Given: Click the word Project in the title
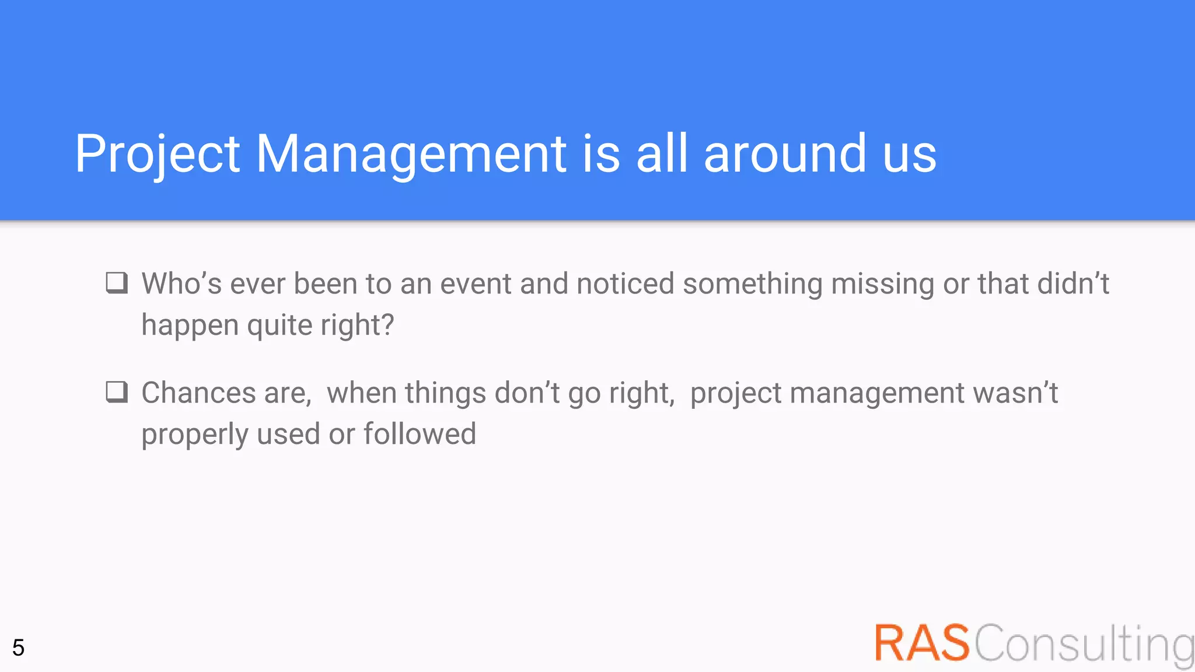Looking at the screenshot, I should click(x=157, y=154).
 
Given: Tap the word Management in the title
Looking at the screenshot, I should click(x=411, y=154).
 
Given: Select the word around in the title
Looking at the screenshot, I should click(x=785, y=154).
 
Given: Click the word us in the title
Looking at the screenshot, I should click(x=909, y=155).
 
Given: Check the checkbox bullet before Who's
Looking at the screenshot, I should click(x=117, y=283).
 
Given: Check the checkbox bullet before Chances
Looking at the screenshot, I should click(x=117, y=392).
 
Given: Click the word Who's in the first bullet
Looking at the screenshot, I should click(x=181, y=284).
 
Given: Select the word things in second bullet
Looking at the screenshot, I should click(x=445, y=394).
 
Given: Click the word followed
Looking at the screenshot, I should click(x=420, y=434).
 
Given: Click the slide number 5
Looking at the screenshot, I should click(x=18, y=647).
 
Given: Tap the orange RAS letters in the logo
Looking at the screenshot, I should click(x=922, y=643).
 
